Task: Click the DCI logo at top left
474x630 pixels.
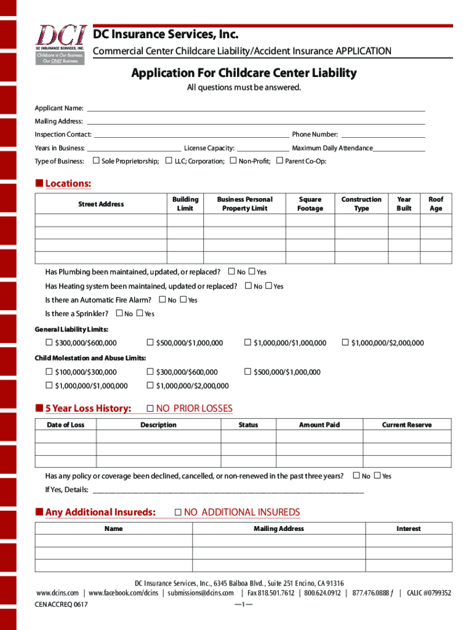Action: [x=60, y=44]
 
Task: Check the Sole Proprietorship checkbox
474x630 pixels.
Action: [x=95, y=161]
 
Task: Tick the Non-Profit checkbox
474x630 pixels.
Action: [x=233, y=161]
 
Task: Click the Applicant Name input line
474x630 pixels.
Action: [x=255, y=110]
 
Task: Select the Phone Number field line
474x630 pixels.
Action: [x=383, y=135]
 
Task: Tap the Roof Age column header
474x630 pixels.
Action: [x=436, y=204]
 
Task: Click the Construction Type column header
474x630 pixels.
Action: [x=361, y=204]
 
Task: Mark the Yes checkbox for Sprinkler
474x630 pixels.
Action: [x=140, y=314]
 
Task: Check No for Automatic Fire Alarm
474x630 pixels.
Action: [x=163, y=300]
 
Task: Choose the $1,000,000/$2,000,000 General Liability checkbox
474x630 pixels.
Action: [x=345, y=343]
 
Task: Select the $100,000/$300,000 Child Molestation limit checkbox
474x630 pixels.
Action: [x=49, y=372]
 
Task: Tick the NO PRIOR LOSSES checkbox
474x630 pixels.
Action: [x=150, y=409]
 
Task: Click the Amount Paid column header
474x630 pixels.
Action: [x=319, y=425]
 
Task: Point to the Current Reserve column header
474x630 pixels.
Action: [x=407, y=425]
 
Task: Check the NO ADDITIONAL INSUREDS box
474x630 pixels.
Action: [x=178, y=512]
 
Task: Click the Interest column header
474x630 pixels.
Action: [x=408, y=528]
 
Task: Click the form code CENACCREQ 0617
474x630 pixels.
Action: [x=61, y=605]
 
